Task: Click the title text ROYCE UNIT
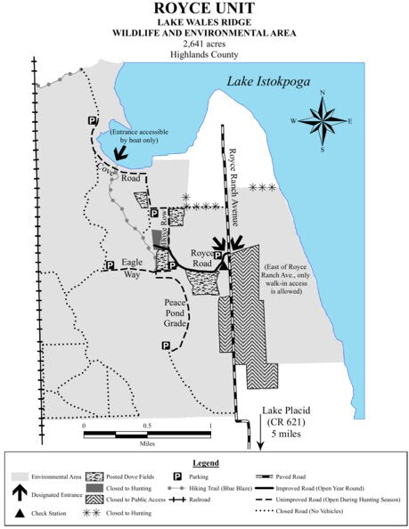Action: (204, 10)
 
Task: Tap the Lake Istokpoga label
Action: (277, 82)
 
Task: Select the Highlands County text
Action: (204, 53)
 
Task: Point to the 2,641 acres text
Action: (204, 43)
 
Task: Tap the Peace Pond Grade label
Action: (175, 313)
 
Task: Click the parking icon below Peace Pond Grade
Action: (165, 346)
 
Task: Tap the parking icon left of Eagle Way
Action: (110, 265)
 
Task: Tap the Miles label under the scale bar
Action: (146, 443)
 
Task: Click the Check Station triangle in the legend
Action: (19, 513)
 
